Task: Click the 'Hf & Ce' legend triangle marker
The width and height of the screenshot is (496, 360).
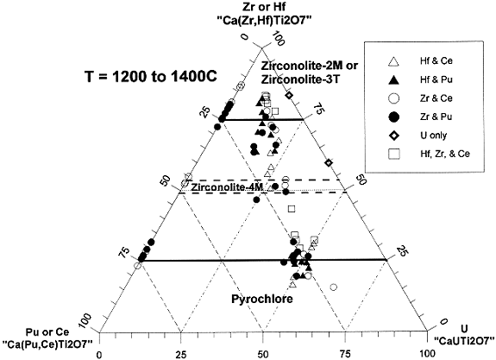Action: tap(394, 61)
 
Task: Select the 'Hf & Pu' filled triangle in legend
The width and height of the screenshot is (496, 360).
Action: tap(394, 79)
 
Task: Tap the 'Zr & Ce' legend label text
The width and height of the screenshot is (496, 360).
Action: tap(436, 98)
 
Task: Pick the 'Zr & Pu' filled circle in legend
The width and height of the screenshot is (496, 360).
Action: tap(394, 117)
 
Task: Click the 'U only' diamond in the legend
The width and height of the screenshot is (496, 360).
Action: tap(394, 136)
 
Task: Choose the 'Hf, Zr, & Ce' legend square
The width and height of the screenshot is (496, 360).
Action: tap(394, 155)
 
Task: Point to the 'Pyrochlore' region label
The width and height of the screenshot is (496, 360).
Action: tap(262, 299)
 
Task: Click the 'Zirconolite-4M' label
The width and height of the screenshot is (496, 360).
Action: tap(227, 187)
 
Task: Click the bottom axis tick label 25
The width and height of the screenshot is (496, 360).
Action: tap(181, 354)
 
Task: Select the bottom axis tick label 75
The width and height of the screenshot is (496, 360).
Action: tap(345, 354)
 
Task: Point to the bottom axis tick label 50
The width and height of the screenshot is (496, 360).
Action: tap(263, 354)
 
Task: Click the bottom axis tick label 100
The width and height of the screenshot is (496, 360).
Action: tap(427, 354)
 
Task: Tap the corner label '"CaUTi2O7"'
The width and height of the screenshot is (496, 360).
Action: tap(464, 341)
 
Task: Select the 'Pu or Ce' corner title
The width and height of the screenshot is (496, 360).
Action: tap(47, 332)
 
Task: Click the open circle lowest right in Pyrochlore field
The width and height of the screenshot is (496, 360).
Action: tap(334, 287)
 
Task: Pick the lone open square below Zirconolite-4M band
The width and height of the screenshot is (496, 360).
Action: tap(292, 209)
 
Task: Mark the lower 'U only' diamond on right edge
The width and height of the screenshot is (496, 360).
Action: tap(329, 163)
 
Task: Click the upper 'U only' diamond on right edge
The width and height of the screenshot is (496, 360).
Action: tap(288, 95)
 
